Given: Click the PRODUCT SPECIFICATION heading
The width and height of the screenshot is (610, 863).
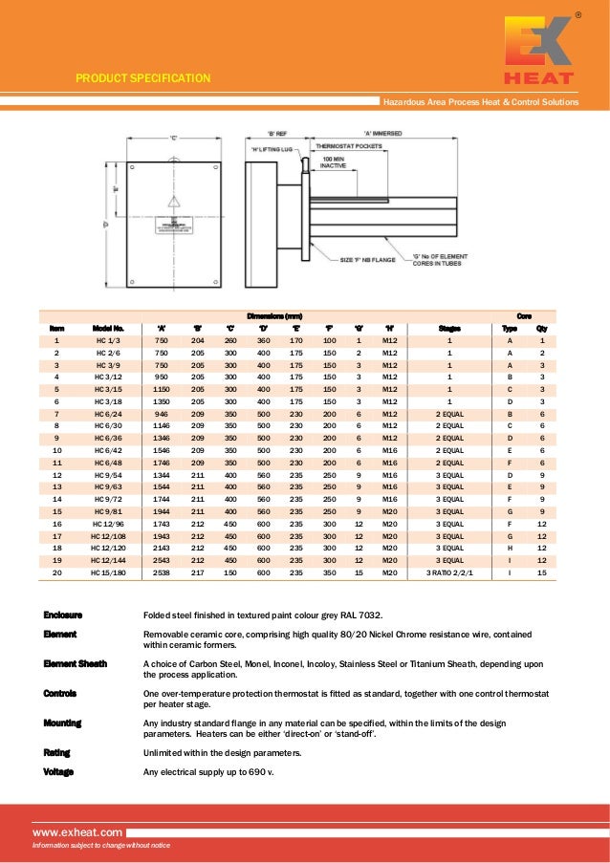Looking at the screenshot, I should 143,78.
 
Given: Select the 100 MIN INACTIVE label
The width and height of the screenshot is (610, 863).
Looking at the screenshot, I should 333,162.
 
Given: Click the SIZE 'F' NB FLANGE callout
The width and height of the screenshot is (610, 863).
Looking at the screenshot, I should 368,259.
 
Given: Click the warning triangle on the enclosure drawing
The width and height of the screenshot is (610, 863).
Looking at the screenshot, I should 173,202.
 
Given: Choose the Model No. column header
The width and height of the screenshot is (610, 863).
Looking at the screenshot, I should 108,328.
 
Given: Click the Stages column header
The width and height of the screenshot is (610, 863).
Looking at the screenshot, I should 449,328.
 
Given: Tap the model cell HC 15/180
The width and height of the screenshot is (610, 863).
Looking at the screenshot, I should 108,572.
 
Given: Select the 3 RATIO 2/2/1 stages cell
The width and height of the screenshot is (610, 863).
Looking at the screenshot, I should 449,572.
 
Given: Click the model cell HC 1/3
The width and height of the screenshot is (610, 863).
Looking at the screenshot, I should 108,340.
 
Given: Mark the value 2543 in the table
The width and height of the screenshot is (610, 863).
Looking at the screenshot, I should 162,560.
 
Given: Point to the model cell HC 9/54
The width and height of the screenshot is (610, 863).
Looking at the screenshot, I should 108,474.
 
